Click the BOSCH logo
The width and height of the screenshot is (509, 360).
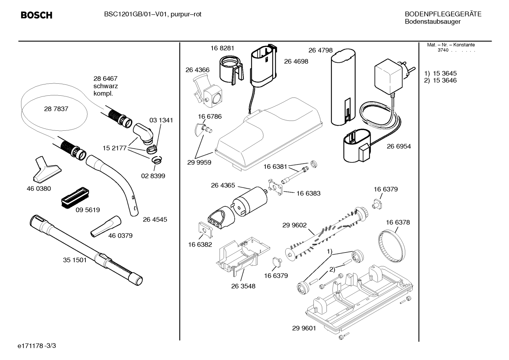coord(37,15)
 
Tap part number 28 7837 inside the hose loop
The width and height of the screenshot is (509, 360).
coord(56,109)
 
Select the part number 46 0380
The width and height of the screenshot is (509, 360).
coord(39,189)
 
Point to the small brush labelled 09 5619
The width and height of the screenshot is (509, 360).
coord(75,197)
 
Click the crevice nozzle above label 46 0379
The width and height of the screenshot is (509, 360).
coord(106,226)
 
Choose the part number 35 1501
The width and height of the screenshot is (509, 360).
coord(75,260)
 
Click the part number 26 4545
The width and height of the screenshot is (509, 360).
coord(155,219)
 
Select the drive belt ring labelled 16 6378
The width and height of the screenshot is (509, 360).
coord(392,247)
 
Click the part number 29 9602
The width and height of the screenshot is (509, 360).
coord(294,225)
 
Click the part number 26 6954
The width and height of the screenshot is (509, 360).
coord(399,146)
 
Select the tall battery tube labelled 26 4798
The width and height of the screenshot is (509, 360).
coord(343,87)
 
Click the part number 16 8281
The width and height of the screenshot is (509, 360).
coord(222,48)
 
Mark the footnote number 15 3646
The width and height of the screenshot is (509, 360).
coord(445,80)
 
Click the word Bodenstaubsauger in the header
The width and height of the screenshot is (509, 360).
coord(433,22)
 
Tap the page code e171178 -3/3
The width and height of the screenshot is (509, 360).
coord(37,346)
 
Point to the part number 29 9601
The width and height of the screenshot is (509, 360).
coord(304,328)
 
